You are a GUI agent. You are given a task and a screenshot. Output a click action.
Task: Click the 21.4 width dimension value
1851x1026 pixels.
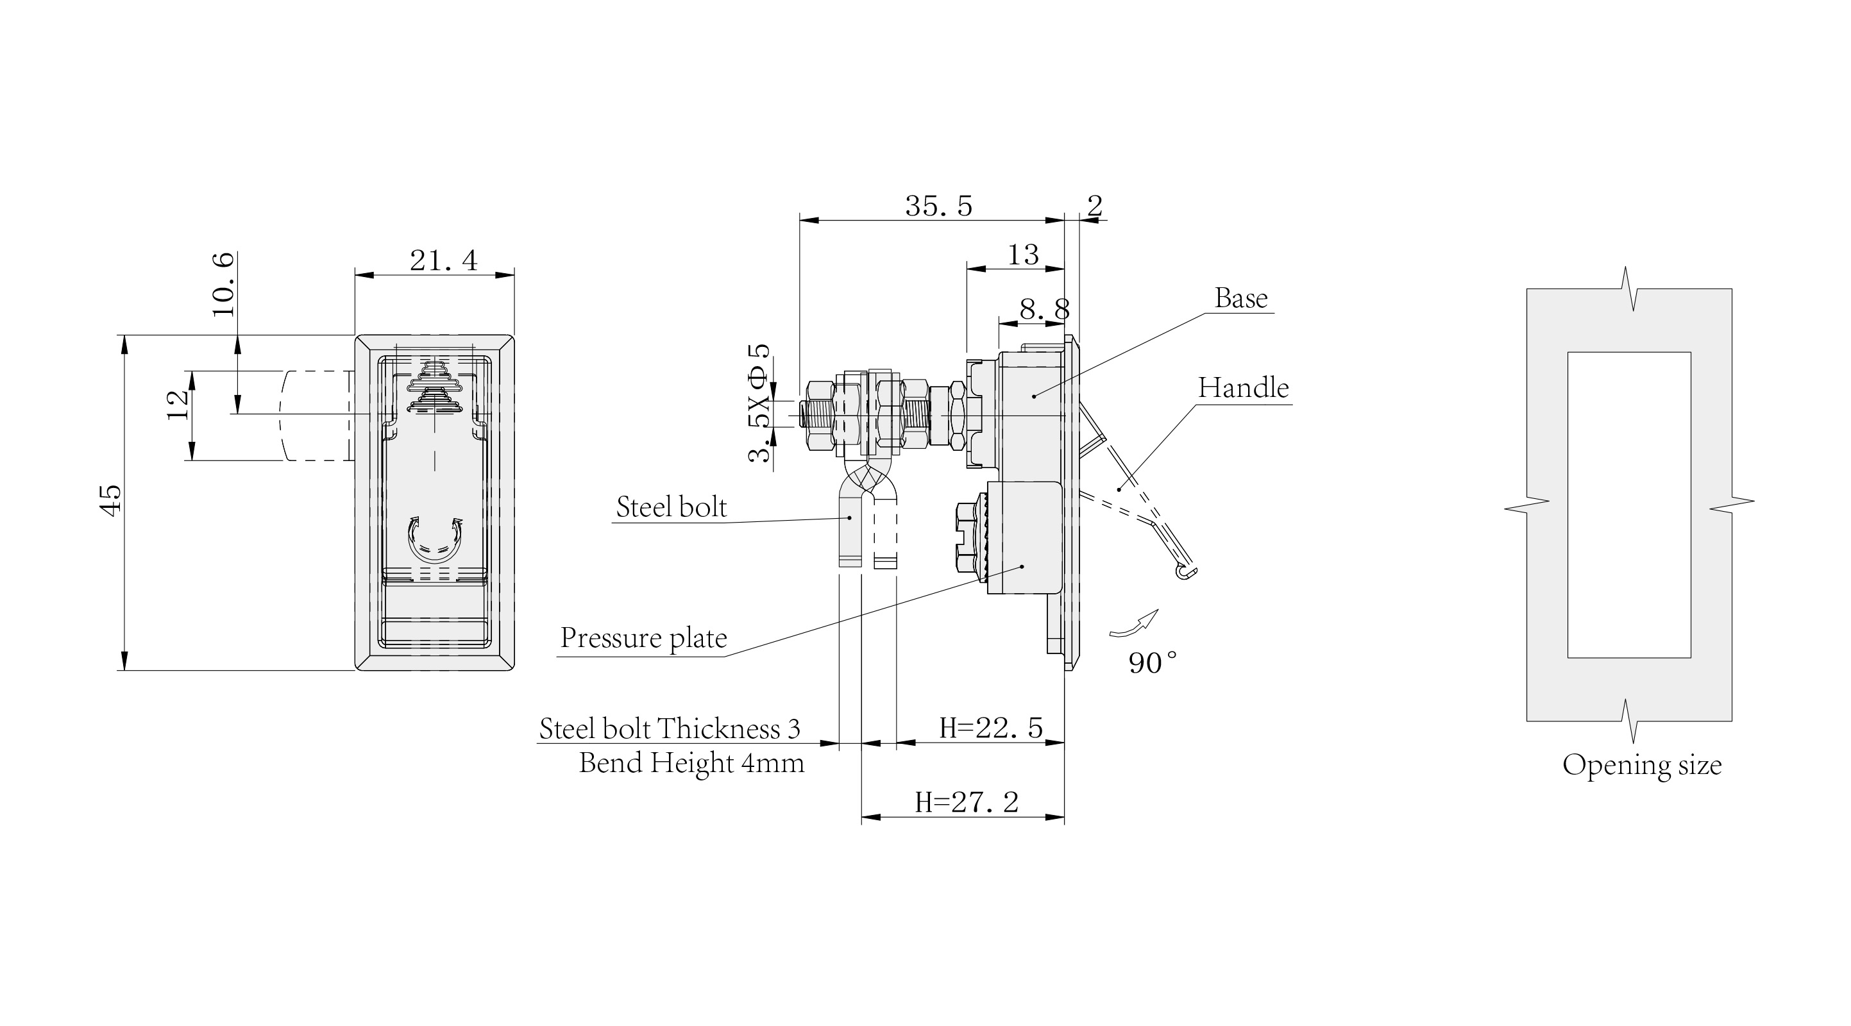(443, 260)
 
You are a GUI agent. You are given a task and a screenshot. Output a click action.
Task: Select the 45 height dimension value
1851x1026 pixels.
(112, 501)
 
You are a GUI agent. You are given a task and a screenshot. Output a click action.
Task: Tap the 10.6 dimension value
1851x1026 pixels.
(223, 285)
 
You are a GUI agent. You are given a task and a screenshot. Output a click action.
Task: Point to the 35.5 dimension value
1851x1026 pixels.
(938, 206)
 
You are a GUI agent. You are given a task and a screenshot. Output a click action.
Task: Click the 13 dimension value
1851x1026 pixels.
(1022, 255)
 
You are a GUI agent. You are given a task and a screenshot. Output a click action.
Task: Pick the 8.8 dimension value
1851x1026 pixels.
(1044, 310)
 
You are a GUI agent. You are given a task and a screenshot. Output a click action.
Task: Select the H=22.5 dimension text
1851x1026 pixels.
(991, 728)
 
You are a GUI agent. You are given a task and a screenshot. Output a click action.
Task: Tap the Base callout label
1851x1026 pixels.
(1241, 298)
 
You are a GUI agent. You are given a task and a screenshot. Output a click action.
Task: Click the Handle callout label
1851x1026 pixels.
(1243, 388)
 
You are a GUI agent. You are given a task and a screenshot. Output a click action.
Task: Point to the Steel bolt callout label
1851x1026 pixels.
(671, 507)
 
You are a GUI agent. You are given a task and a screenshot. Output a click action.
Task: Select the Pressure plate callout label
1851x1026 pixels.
(643, 638)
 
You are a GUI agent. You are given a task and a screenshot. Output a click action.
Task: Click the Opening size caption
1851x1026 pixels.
(1642, 765)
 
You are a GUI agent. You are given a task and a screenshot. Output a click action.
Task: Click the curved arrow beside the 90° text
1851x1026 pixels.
(1135, 624)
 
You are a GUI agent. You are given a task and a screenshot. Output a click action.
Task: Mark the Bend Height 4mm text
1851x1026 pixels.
(691, 763)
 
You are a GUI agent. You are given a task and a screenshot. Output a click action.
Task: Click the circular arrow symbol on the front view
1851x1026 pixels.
(434, 539)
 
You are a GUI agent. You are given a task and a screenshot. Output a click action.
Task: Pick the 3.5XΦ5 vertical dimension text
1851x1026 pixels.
(759, 404)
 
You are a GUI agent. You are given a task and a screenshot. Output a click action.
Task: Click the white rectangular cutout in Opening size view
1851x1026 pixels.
(1629, 505)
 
